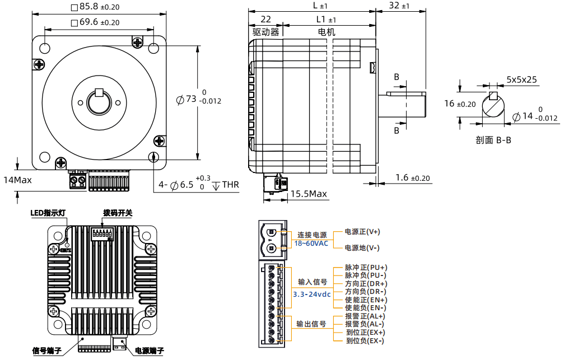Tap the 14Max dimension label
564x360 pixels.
pos(17,180)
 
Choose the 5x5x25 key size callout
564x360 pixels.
pos(521,80)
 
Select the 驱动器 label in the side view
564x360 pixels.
pos(265,32)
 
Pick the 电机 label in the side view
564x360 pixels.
pos(327,32)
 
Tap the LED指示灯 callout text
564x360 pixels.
pos(49,213)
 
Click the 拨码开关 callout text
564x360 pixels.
pos(118,213)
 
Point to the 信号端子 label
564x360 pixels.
pos(48,351)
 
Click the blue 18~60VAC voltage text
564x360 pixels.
pos(311,244)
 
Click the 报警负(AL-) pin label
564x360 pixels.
pos(365,324)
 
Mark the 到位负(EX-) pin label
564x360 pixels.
pos(365,340)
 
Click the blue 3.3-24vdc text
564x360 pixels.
pos(312,294)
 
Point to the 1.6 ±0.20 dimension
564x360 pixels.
pos(413,178)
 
